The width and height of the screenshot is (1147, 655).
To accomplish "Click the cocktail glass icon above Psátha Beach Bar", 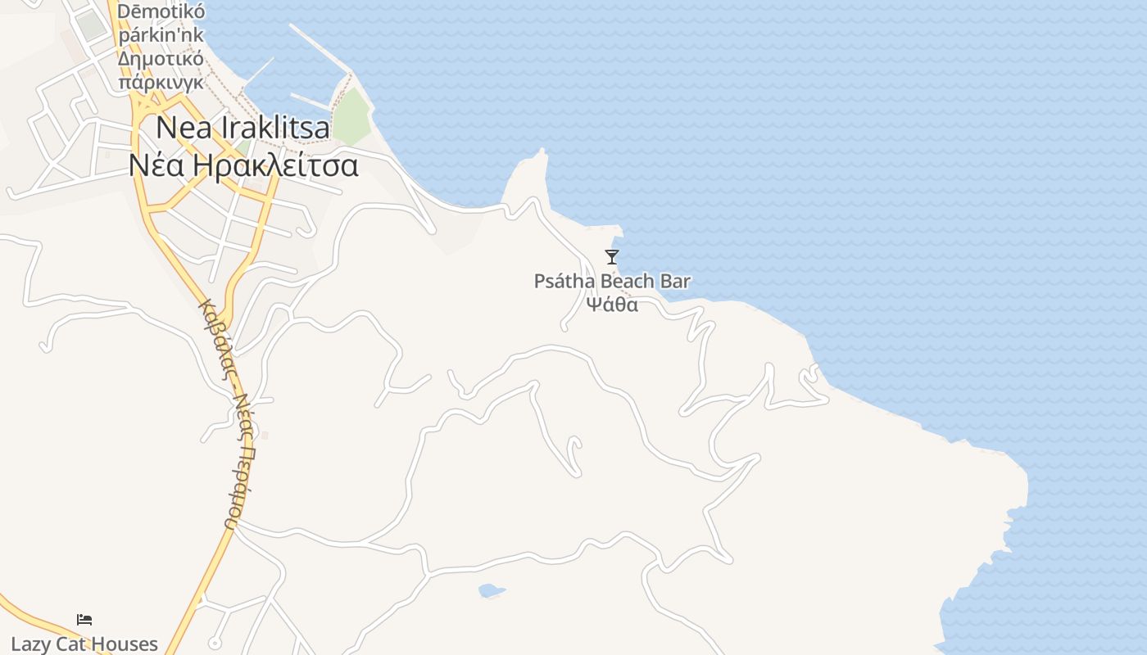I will pos(612,257).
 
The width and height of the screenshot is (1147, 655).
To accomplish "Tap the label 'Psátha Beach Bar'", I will pos(612,282).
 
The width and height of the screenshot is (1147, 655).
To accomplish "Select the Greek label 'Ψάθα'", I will pos(612,305).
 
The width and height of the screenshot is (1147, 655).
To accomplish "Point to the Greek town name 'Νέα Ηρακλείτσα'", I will pos(243,165).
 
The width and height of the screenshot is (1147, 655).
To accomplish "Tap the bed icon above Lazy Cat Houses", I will pos(84,620).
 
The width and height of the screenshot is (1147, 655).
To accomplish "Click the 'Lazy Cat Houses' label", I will pos(84,644).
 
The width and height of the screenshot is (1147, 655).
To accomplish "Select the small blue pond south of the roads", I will pos(491,590).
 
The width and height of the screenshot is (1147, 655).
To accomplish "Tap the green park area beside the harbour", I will pos(352,115).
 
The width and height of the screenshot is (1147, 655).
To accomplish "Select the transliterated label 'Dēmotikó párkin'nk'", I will pos(161,25).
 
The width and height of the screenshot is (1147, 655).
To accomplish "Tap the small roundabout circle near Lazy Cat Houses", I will pos(215,644).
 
